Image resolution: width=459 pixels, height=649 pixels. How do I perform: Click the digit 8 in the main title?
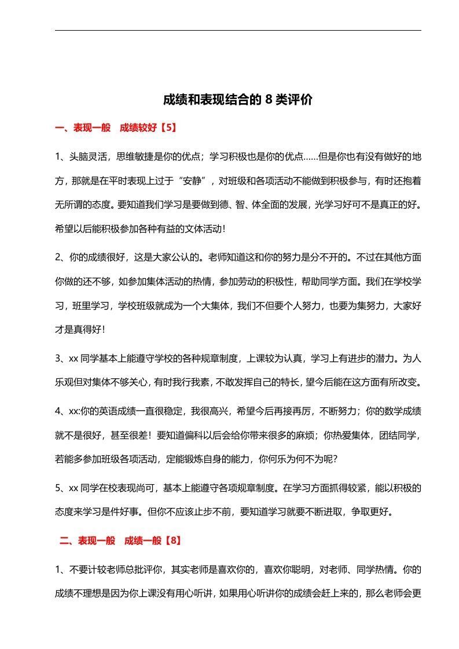[x=269, y=99]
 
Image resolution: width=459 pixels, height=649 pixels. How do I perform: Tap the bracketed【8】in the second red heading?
[x=172, y=541]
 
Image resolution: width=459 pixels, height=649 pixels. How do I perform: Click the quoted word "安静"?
[x=195, y=180]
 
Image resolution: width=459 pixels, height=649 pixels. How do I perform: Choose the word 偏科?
[x=196, y=435]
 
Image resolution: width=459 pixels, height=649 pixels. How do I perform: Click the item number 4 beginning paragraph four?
[x=58, y=411]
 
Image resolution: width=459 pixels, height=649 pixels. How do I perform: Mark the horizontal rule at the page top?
[x=238, y=30]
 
